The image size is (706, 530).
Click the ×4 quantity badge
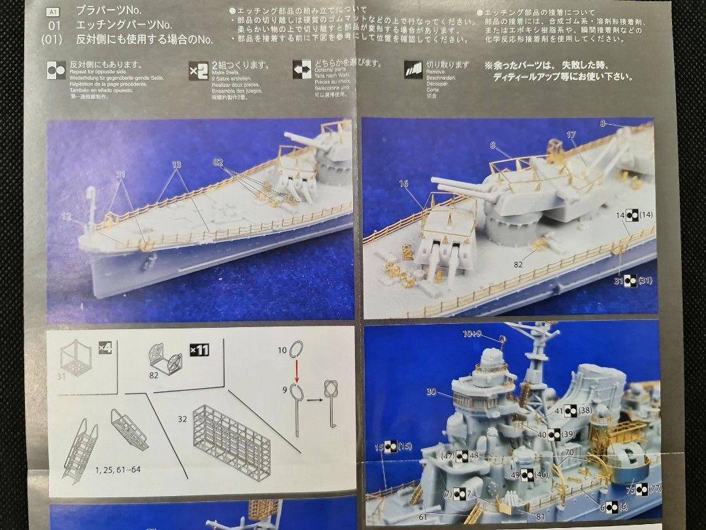click(105, 347)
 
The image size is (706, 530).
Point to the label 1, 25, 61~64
click(118, 469)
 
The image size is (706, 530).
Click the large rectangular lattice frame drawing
click(232, 442)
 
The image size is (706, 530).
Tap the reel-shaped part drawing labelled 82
click(165, 359)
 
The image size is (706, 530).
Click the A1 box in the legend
click(54, 11)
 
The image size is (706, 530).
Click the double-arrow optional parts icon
click(302, 69)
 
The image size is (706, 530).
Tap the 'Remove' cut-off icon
click(413, 69)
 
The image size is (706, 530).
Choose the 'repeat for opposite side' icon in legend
click(56, 69)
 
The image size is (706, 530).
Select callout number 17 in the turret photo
click(571, 135)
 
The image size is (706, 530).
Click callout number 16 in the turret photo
click(403, 184)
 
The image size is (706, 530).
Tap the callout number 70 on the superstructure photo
click(569, 452)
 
